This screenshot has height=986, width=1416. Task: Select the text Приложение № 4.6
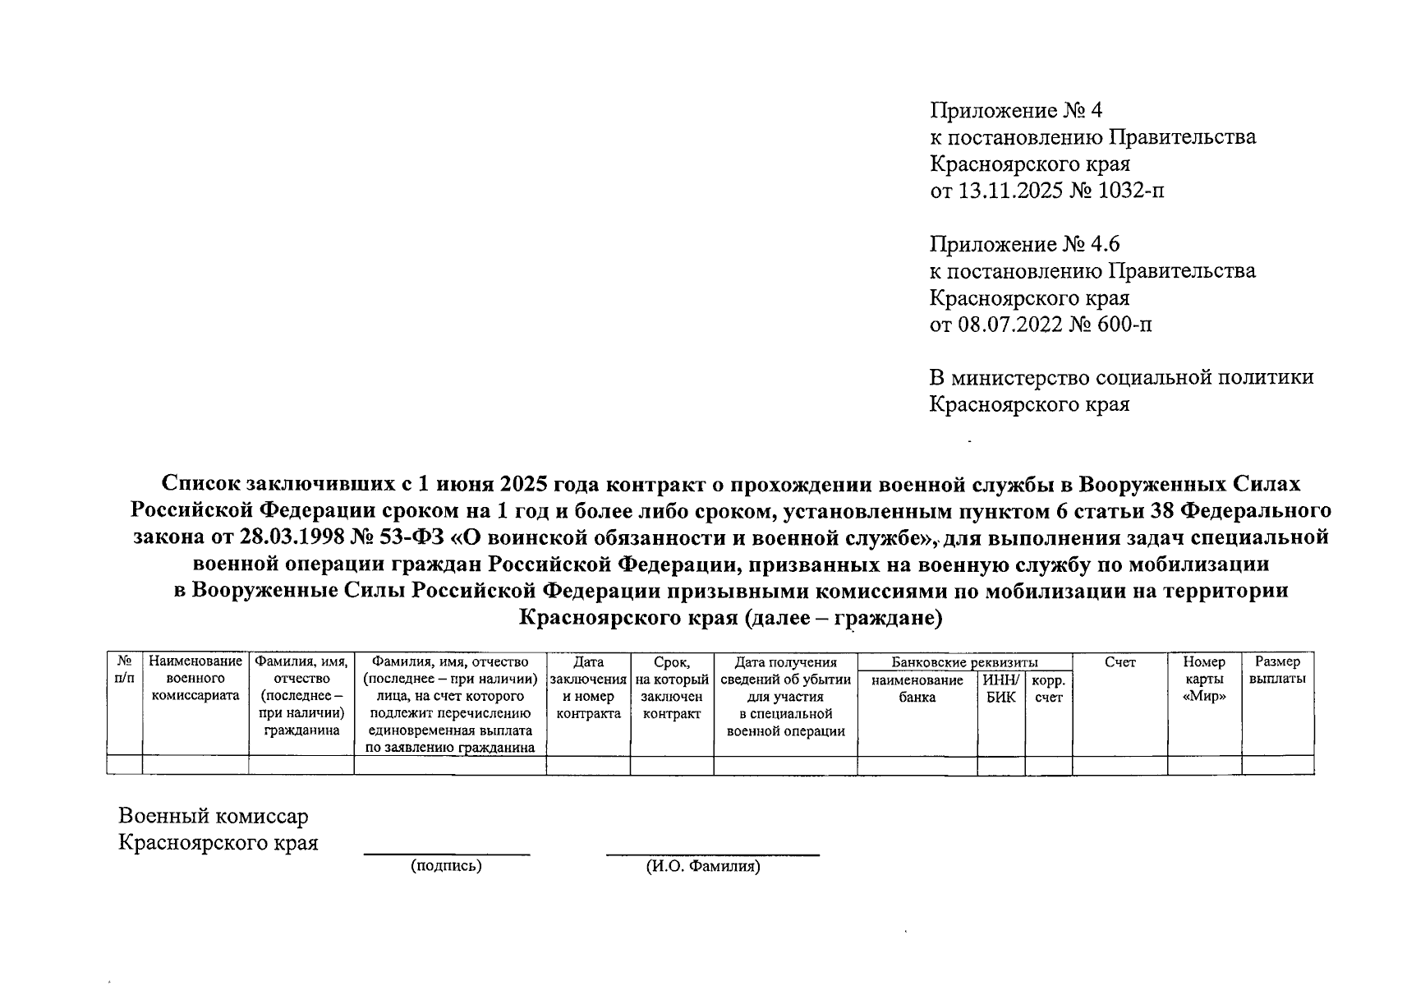click(x=1024, y=244)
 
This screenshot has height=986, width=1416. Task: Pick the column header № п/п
click(x=125, y=670)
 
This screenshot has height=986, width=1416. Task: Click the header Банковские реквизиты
click(x=964, y=662)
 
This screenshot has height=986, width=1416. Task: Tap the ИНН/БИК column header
click(x=1000, y=689)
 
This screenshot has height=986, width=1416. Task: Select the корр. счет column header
click(x=1048, y=689)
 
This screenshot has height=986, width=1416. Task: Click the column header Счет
click(x=1119, y=662)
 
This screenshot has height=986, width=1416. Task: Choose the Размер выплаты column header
click(x=1277, y=670)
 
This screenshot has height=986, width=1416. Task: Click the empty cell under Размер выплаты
click(x=1277, y=765)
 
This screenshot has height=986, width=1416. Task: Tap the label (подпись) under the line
click(x=446, y=865)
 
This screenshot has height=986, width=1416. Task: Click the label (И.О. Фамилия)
click(x=702, y=866)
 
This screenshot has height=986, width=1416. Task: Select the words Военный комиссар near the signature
click(x=214, y=816)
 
